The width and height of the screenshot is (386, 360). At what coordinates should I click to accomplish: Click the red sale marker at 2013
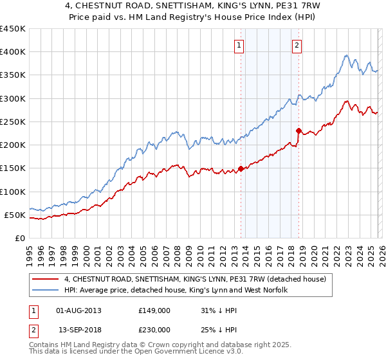[x=241, y=168]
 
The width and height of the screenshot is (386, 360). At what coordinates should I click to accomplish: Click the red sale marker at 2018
[x=299, y=130]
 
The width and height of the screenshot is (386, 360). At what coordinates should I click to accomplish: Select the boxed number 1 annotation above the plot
[x=239, y=45]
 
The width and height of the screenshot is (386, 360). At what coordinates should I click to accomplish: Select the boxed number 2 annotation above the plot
[x=297, y=45]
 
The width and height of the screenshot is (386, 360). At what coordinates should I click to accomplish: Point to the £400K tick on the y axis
[x=13, y=52]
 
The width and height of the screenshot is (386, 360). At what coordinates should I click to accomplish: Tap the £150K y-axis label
[x=13, y=168]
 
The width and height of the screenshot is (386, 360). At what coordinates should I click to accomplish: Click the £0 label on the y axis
[x=20, y=238]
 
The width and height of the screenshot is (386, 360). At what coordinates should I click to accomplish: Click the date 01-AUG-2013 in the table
[x=79, y=310]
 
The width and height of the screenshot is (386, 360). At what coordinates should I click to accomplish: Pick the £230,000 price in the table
[x=154, y=329]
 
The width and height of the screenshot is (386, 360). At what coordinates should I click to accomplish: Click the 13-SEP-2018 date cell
[x=79, y=329]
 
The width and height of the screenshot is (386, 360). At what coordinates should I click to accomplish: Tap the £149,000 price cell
[x=154, y=310]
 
